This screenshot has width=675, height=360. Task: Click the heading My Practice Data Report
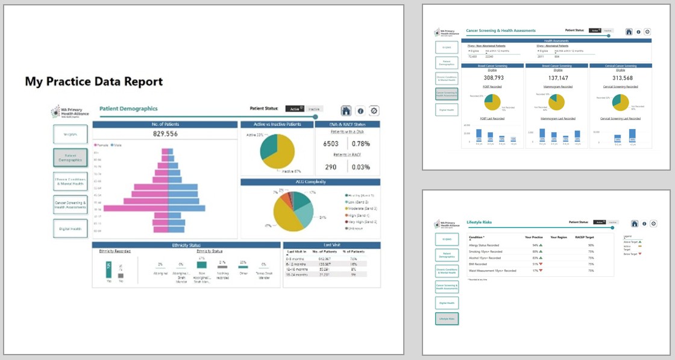[x=93, y=81]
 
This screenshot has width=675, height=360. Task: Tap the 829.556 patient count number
[x=165, y=134]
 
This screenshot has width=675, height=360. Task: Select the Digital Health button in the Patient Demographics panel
[x=70, y=229]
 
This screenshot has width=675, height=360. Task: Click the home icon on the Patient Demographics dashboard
[x=346, y=110]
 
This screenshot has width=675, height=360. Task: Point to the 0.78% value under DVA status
[x=360, y=144]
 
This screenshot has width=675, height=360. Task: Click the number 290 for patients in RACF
[x=330, y=167]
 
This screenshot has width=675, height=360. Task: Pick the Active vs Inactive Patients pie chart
[x=277, y=151]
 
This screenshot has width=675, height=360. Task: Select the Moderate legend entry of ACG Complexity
[x=361, y=208]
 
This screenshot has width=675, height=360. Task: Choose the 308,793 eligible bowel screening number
[x=493, y=78]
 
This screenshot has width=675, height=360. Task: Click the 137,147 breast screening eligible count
[x=557, y=78]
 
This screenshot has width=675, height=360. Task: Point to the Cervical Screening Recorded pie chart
[x=621, y=101]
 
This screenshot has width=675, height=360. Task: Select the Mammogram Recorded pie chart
[x=557, y=101]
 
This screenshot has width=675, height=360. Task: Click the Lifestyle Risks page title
[x=479, y=223]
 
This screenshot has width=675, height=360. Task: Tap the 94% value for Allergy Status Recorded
[x=535, y=245]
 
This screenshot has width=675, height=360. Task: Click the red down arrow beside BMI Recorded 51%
[x=541, y=264]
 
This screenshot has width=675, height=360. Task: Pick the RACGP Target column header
[x=584, y=238]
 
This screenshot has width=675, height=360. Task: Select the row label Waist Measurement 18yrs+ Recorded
[x=492, y=271]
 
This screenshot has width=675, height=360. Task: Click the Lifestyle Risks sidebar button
[x=447, y=318]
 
